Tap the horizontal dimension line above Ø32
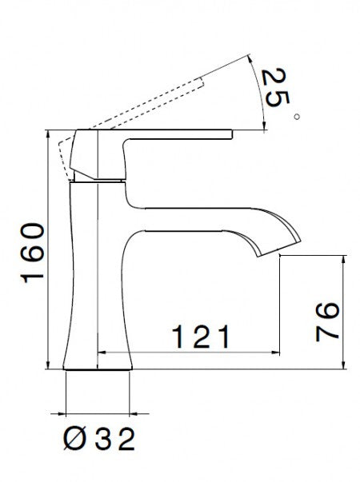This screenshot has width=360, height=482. point(97,416)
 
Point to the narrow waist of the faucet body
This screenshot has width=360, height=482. point(89,240)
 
